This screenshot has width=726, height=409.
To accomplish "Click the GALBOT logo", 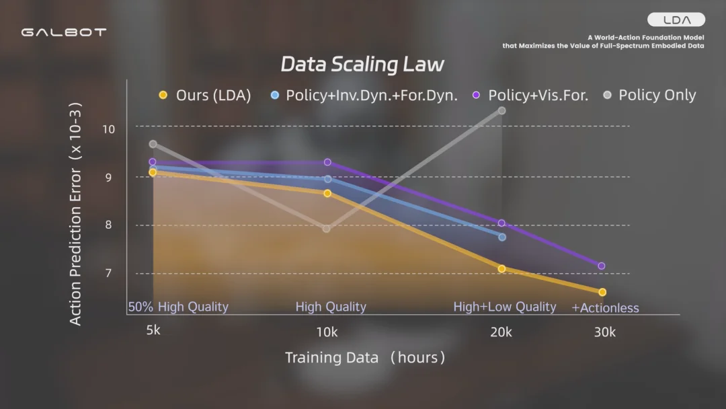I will tap(63, 32).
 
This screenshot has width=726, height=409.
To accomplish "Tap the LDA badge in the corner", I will tap(676, 20).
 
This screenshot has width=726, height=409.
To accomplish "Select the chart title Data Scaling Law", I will tap(362, 65).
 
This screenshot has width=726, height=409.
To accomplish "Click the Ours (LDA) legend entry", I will tap(205, 96).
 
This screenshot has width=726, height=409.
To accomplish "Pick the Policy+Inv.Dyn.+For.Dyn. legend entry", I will tap(364, 96).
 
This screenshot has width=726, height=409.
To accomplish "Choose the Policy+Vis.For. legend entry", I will tap(530, 96).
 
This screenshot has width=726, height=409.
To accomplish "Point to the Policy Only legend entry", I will tap(649, 96).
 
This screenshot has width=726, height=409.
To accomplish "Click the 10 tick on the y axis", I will tap(108, 128).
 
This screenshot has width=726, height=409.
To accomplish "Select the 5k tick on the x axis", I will tap(153, 332).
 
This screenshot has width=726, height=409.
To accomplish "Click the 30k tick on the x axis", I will tap(604, 332).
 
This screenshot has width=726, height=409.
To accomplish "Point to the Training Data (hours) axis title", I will tap(365, 357).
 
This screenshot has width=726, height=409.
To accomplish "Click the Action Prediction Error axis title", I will tap(76, 214).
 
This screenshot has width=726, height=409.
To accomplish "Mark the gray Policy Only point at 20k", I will tap(502, 110).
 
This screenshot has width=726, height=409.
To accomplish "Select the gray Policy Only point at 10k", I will tap(327, 229).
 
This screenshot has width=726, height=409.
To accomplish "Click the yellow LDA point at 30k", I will tap(602, 292).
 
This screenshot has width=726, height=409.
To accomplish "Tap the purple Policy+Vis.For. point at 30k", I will tap(602, 266).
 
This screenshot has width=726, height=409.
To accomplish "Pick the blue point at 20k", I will tap(502, 237).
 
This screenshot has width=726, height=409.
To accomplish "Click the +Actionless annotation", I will tap(605, 308).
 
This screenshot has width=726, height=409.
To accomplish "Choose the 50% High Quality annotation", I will tap(178, 307).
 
